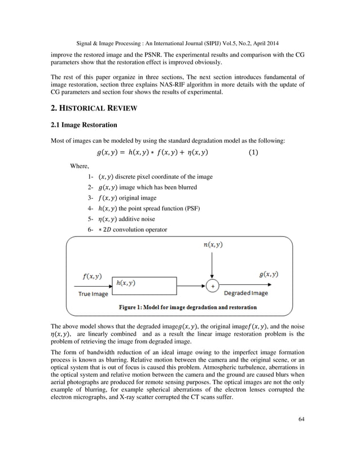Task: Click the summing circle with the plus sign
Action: click(x=212, y=286)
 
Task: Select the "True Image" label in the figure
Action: click(x=91, y=294)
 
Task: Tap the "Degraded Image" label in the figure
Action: click(x=247, y=294)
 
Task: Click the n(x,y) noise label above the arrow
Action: click(x=212, y=245)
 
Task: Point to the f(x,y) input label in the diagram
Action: click(x=91, y=276)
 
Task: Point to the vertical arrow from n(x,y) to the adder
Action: click(x=212, y=265)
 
